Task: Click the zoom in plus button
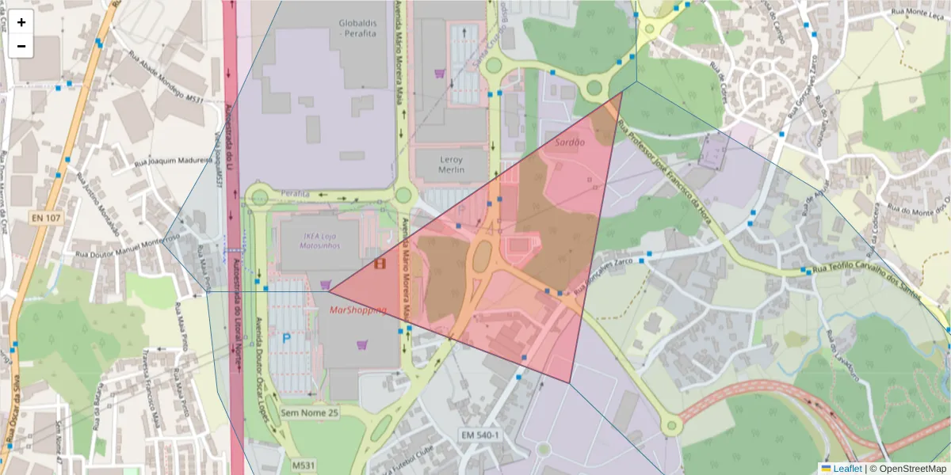pyautogui.click(x=21, y=23)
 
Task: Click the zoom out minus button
pyautogui.click(x=21, y=47)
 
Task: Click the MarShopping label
pyautogui.click(x=357, y=310)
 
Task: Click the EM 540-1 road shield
pyautogui.click(x=480, y=435)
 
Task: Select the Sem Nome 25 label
pyautogui.click(x=310, y=412)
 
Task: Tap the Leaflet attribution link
pyautogui.click(x=847, y=469)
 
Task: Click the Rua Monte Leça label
pyautogui.click(x=919, y=12)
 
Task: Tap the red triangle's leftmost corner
pyautogui.click(x=328, y=291)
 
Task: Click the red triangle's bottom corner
pyautogui.click(x=569, y=383)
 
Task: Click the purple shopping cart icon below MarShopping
pyautogui.click(x=362, y=344)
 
